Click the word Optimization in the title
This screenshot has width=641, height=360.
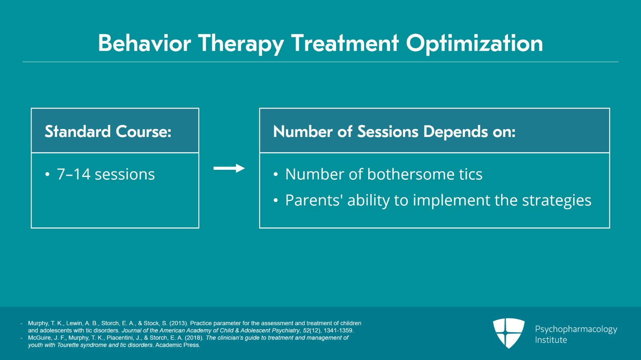tap(474, 43)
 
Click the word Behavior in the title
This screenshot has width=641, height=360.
tap(144, 43)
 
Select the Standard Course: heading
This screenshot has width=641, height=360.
tap(108, 131)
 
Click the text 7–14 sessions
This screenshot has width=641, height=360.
tap(106, 174)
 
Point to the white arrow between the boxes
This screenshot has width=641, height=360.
tap(229, 168)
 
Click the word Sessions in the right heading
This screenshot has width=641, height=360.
tap(387, 131)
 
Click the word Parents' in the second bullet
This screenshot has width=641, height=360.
tap(314, 200)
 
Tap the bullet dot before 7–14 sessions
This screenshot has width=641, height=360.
tap(47, 175)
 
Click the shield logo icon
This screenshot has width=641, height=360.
tap(508, 333)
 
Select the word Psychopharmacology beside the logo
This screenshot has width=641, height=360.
tap(576, 329)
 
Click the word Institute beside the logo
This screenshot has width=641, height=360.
tap(551, 340)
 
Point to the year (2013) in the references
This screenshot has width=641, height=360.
tap(178, 323)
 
